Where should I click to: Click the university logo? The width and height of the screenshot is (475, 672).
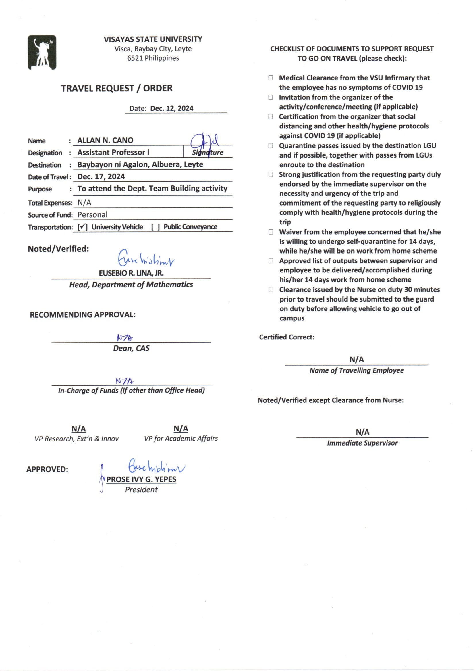(x=42, y=52)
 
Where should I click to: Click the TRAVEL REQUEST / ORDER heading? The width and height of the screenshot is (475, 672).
(x=117, y=88)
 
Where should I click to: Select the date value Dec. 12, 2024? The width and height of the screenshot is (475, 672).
(x=172, y=108)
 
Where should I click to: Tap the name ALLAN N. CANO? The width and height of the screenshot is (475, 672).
(x=105, y=140)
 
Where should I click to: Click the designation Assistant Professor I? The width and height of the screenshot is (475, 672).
(x=113, y=152)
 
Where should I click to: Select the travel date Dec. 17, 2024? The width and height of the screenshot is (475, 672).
(x=101, y=176)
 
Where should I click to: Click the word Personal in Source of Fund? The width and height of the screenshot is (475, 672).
(x=92, y=214)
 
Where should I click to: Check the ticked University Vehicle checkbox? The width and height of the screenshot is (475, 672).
(x=82, y=227)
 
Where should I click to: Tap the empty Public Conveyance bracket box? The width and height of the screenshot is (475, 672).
(x=155, y=227)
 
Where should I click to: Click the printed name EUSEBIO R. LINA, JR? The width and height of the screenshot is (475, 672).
(x=131, y=273)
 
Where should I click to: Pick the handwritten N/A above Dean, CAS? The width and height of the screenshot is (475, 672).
(x=125, y=338)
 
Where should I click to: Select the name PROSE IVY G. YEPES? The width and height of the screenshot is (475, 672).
(x=141, y=479)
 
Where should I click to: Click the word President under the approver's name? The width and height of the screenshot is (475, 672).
(x=141, y=490)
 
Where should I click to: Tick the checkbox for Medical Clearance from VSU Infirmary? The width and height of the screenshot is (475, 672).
(x=271, y=78)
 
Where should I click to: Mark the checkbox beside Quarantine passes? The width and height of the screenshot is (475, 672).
(x=271, y=145)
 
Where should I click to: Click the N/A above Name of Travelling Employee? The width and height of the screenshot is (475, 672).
(x=357, y=359)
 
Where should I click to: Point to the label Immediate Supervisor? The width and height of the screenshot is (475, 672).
(x=362, y=443)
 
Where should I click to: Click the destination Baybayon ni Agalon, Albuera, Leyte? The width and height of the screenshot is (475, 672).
(x=140, y=164)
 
